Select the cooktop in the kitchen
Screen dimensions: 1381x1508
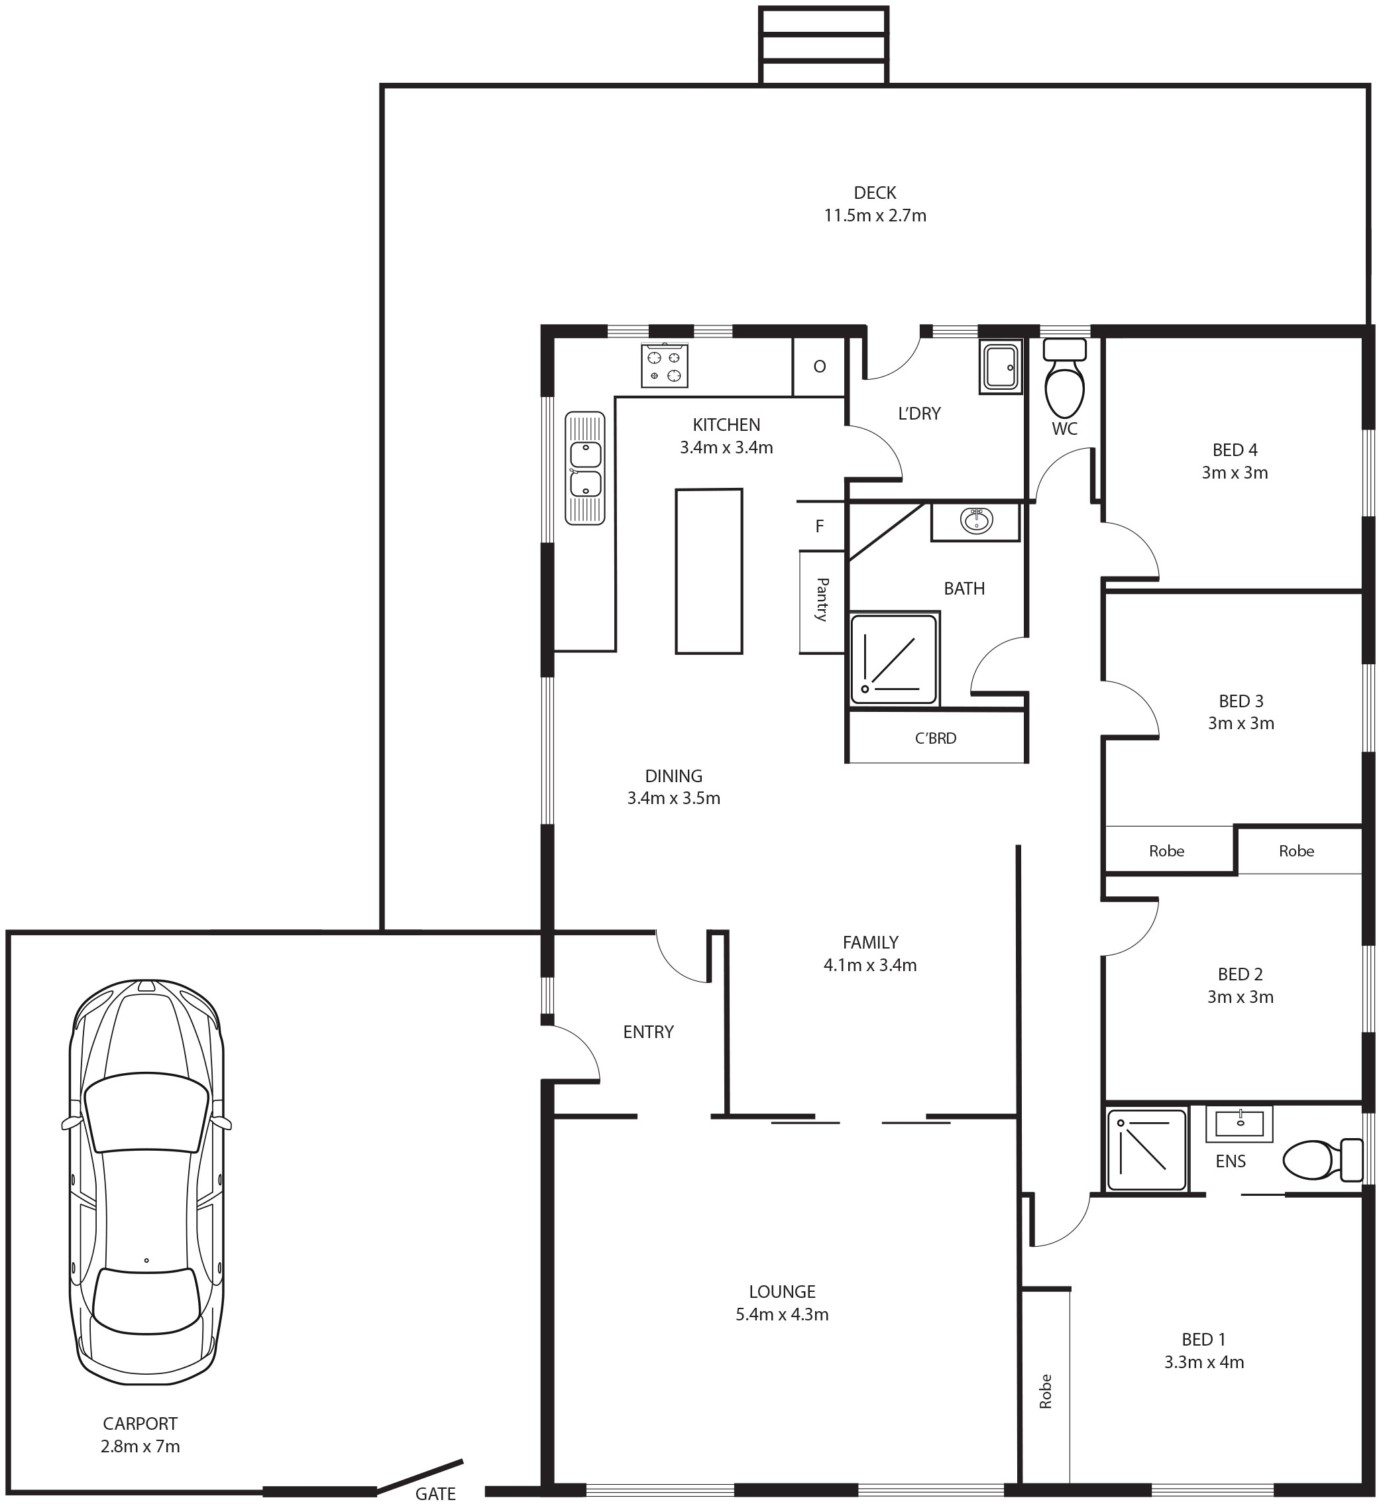coord(664,366)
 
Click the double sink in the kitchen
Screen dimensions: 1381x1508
coord(584,467)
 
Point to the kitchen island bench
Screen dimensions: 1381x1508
coord(709,571)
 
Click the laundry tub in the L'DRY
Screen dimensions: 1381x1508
coord(1001,367)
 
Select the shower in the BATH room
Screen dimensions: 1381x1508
coord(893,659)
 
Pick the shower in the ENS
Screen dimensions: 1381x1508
coord(1147,1149)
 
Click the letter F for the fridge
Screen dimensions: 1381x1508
coord(820,526)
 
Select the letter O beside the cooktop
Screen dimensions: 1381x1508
coord(820,367)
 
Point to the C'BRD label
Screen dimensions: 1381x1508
coord(936,738)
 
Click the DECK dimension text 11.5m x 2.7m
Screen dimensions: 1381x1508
coord(875,216)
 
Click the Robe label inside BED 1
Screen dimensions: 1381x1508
coord(1045,1391)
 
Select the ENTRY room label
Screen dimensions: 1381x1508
coord(648,1032)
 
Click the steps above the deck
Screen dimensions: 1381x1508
coord(824,45)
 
